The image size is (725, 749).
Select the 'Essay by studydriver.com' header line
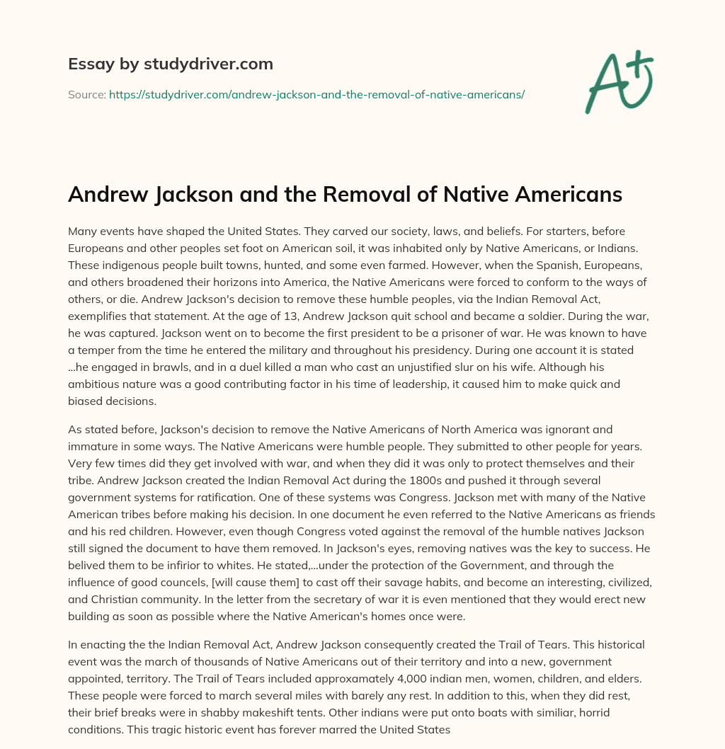[171, 64]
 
